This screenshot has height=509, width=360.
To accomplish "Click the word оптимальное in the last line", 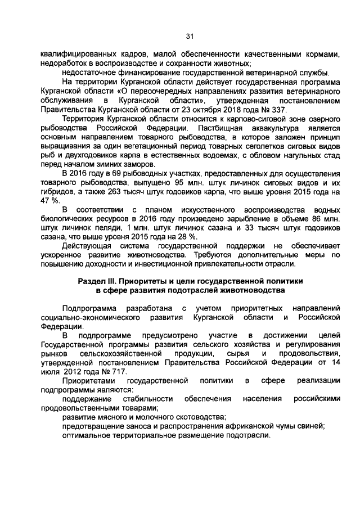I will (x=87, y=436).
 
